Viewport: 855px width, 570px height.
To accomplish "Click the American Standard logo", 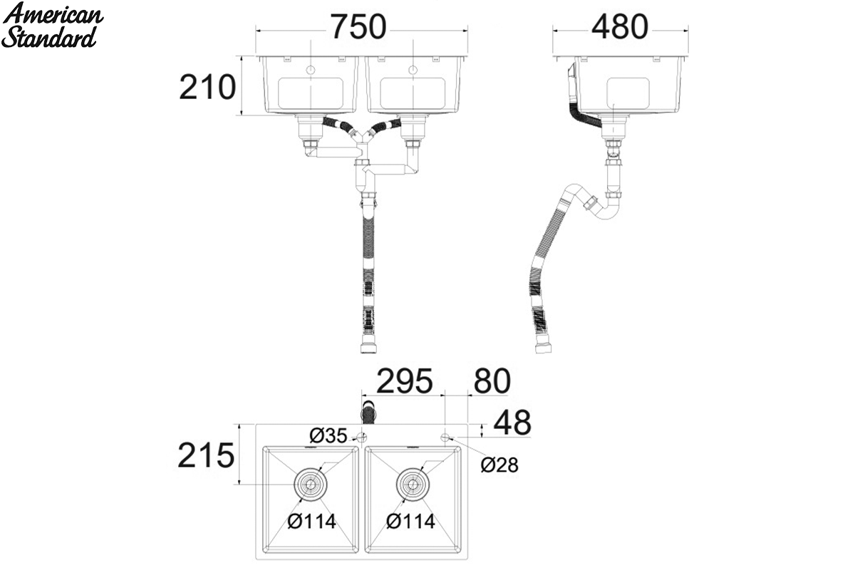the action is point(52,26).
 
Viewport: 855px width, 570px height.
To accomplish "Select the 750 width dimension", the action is point(358,27).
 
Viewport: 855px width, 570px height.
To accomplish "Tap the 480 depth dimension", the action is point(619,27).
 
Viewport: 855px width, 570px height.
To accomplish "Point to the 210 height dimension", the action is point(207,88).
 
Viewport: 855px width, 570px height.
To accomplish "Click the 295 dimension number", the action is point(405,380).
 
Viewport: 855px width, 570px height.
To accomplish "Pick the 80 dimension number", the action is point(492,380).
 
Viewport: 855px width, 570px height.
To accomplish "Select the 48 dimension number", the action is point(512,423).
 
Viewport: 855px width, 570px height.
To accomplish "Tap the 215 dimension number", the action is point(206,455).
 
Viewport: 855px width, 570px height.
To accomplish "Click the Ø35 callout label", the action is point(328,435).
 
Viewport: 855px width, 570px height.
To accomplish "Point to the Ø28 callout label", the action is point(499,465).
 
